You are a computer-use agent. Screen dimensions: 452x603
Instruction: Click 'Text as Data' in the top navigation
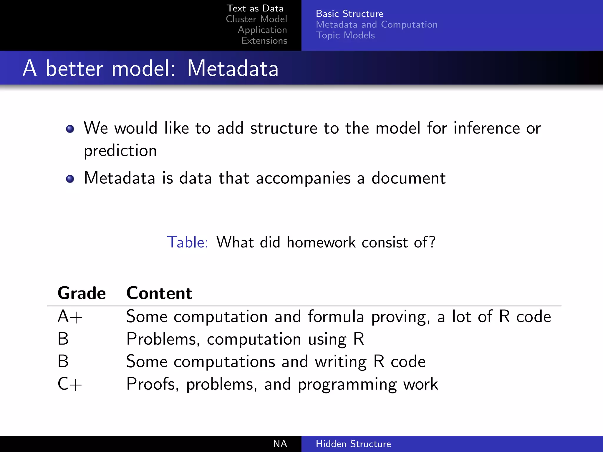(255, 9)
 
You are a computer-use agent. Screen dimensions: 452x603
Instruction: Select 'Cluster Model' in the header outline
(256, 19)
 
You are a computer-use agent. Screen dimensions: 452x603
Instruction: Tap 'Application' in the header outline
(262, 30)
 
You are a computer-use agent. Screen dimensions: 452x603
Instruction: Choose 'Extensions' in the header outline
(264, 41)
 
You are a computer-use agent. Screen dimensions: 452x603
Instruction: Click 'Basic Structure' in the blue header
(349, 14)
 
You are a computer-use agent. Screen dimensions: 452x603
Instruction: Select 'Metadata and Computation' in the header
(377, 24)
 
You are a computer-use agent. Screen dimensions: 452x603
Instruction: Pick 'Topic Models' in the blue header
(345, 35)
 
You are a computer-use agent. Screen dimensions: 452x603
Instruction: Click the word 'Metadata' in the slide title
(233, 69)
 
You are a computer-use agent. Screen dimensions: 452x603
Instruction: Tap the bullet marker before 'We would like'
(70, 129)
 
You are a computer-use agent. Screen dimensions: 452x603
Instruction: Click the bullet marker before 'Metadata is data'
(70, 179)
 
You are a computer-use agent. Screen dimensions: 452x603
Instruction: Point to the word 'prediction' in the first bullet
(120, 151)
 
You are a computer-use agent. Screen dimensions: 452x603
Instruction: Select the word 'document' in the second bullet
(408, 178)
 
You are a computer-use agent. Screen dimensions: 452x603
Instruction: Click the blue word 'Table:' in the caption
(188, 242)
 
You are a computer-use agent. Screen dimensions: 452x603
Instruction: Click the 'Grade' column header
(82, 293)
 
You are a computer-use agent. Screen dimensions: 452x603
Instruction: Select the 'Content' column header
(159, 293)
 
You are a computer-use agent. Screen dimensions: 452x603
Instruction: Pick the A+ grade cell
(70, 317)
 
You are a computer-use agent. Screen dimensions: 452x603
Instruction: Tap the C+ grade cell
(69, 384)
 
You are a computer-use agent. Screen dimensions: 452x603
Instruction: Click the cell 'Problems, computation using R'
(245, 339)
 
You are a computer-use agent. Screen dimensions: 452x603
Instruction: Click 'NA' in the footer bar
(280, 444)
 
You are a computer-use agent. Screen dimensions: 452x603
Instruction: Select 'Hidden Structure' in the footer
(353, 444)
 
